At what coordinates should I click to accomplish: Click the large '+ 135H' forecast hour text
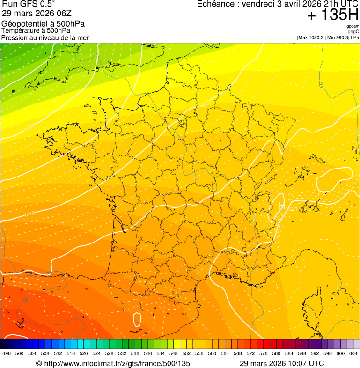pyautogui.click(x=333, y=15)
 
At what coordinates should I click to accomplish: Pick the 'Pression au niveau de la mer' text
pyautogui.click(x=45, y=37)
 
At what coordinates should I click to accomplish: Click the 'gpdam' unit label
pyautogui.click(x=353, y=26)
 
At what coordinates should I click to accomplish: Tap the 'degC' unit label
pyautogui.click(x=353, y=32)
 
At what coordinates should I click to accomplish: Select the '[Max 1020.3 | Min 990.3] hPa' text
pyautogui.click(x=328, y=37)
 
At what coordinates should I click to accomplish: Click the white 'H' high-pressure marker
pyautogui.click(x=281, y=206)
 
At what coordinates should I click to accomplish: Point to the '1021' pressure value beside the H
pyautogui.click(x=291, y=208)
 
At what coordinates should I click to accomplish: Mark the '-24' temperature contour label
pyautogui.click(x=320, y=85)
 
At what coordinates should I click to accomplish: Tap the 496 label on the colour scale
pyautogui.click(x=7, y=353)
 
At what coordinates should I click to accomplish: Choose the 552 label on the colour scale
pyautogui.click(x=186, y=353)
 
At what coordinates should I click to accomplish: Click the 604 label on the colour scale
pyautogui.click(x=353, y=353)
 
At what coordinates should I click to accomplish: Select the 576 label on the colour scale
pyautogui.click(x=264, y=353)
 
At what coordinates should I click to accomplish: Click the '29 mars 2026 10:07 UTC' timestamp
pyautogui.click(x=281, y=363)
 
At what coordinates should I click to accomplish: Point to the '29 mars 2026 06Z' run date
pyautogui.click(x=34, y=14)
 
